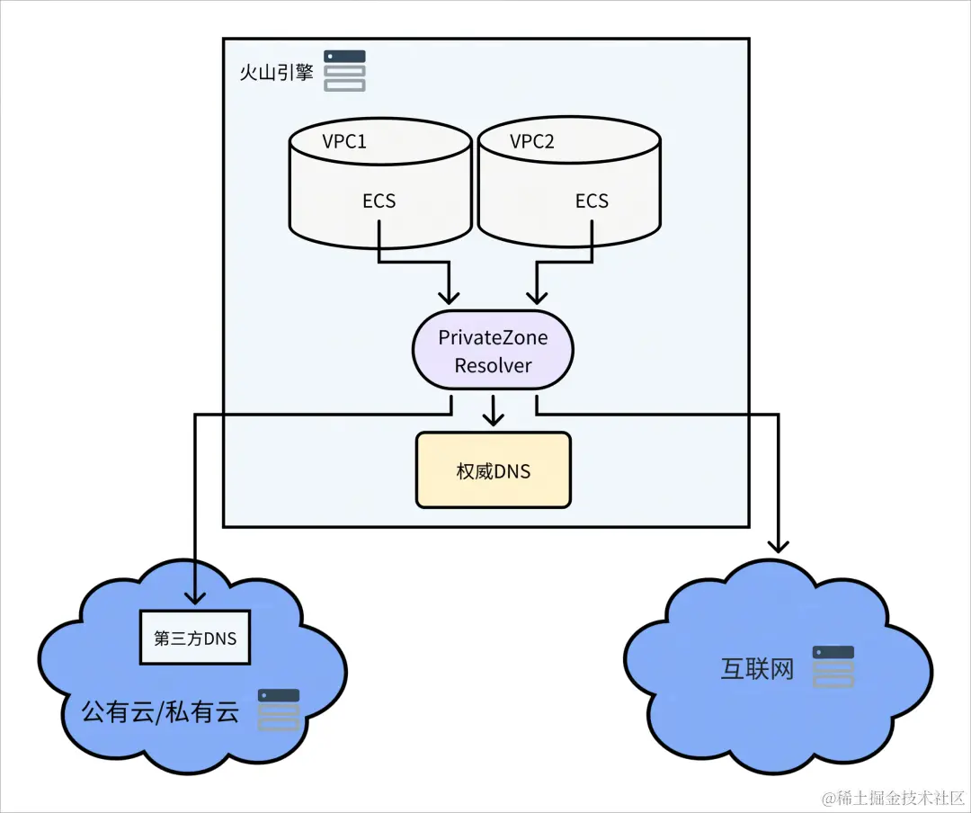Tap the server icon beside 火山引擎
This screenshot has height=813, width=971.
click(344, 71)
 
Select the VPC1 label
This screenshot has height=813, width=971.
click(344, 141)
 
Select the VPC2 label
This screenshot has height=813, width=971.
click(532, 141)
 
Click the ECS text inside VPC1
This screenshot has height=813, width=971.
click(379, 201)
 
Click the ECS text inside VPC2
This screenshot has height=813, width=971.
click(592, 201)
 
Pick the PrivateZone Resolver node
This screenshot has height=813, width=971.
click(493, 352)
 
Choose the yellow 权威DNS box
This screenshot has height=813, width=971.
click(493, 470)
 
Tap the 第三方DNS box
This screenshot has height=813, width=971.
click(195, 639)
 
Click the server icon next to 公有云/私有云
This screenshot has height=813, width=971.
click(279, 710)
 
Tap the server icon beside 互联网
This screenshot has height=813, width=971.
click(833, 666)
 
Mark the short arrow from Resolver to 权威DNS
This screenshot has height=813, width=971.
click(492, 412)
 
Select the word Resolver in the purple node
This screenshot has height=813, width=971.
click(493, 366)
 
